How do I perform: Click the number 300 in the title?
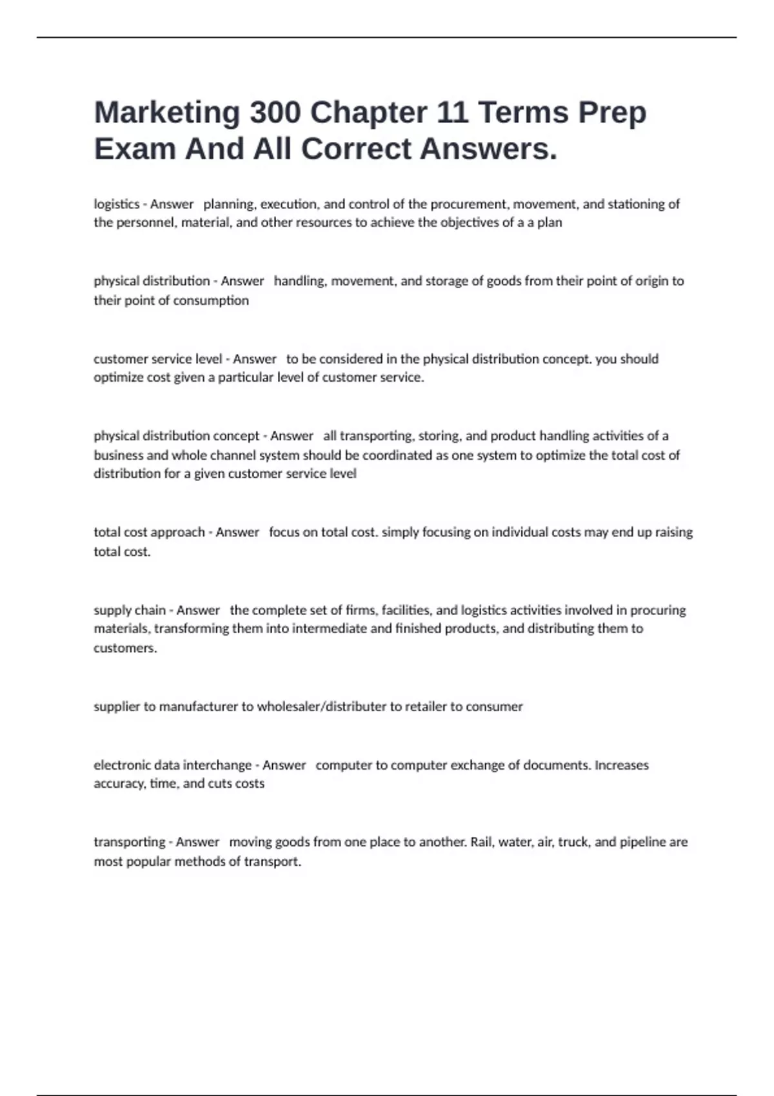275,112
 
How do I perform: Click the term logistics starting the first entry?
117,204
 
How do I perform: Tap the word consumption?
210,300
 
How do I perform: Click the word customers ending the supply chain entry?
125,648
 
